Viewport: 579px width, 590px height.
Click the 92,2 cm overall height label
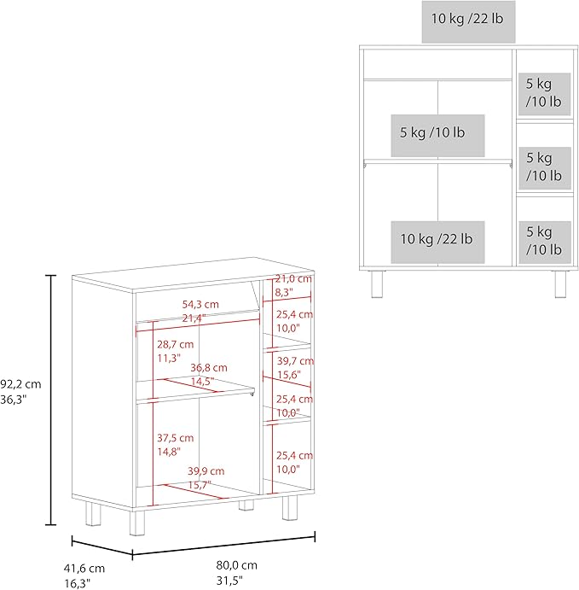[x=20, y=384]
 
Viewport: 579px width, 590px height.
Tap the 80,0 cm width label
[x=237, y=564]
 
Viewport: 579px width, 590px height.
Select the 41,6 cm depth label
[x=84, y=568]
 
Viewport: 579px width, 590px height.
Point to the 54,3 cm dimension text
[x=200, y=304]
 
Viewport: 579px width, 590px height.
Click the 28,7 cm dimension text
[x=176, y=344]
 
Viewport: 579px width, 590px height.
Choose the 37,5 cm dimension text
[x=176, y=438]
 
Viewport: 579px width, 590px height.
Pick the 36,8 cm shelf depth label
[x=209, y=368]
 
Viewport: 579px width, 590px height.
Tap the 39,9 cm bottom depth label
[x=206, y=470]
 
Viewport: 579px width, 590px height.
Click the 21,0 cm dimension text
[x=293, y=279]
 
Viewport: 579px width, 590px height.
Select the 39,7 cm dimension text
[x=295, y=361]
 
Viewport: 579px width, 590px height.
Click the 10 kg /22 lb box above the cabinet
[x=468, y=21]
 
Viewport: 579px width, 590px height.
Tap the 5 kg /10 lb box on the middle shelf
[x=437, y=136]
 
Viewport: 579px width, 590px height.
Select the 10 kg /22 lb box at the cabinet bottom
[x=437, y=242]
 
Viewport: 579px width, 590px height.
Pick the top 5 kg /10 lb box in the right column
[x=544, y=94]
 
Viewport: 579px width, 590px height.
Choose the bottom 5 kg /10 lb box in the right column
[x=545, y=242]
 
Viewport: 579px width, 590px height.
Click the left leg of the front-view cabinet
[x=377, y=284]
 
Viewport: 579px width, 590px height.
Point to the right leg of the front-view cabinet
[x=560, y=284]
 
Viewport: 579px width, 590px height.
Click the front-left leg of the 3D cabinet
[x=136, y=523]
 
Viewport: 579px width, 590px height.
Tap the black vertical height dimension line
[x=50, y=400]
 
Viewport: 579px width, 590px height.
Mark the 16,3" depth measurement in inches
[x=78, y=583]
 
